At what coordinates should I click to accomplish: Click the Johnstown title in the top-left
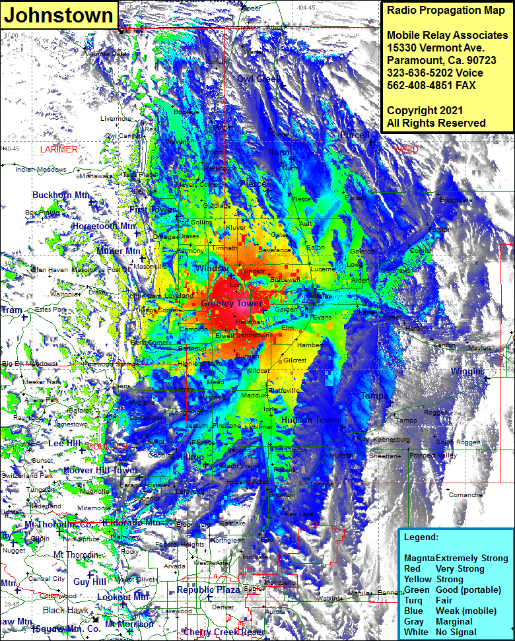coord(59,15)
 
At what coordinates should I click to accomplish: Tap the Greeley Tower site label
coord(232,304)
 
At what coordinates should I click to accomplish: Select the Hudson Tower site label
coord(311,421)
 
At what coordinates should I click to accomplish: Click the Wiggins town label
coord(467,372)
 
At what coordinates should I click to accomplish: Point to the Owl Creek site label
coord(259,79)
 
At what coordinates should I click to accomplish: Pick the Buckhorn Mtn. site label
coord(61,195)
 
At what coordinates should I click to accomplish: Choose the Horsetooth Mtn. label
coord(104,226)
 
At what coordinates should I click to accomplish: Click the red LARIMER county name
coord(59,150)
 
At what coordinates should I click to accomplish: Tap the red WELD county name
coord(406,150)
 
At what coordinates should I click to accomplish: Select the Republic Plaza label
coord(208,590)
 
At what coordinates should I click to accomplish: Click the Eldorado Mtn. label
coord(132,523)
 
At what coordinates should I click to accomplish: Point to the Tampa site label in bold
coord(374,396)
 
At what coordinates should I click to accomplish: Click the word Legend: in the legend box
coord(421,538)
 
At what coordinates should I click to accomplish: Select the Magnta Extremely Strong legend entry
coord(456,558)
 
